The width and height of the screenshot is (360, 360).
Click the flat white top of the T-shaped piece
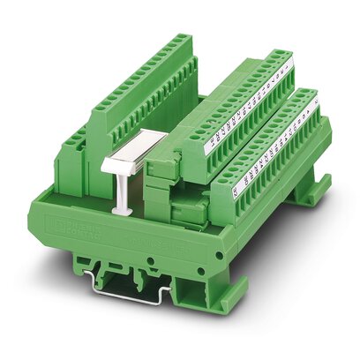tap(124, 160)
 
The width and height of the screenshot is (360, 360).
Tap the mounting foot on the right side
tap(312, 190)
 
